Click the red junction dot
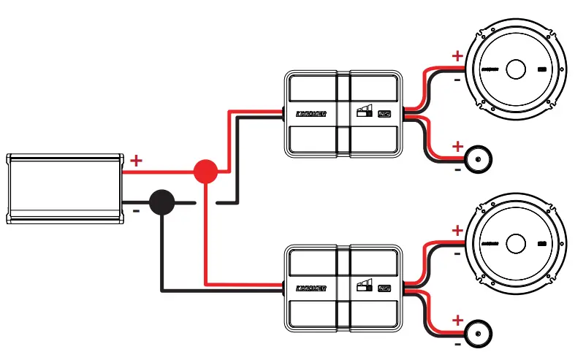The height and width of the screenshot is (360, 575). point(206,172)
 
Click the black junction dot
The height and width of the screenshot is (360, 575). point(161,202)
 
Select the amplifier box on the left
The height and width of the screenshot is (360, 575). point(64,188)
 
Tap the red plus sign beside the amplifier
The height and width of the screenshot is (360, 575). point(136,160)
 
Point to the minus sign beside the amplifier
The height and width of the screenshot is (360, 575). point(136,212)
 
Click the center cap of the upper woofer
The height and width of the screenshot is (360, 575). point(514,69)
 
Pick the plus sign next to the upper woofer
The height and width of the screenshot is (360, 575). point(457,55)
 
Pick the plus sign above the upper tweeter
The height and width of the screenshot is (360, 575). point(457,146)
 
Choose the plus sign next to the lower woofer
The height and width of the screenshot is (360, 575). point(457,231)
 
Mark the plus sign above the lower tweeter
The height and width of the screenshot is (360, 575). point(457,320)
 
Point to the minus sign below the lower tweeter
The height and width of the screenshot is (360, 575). point(457,343)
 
